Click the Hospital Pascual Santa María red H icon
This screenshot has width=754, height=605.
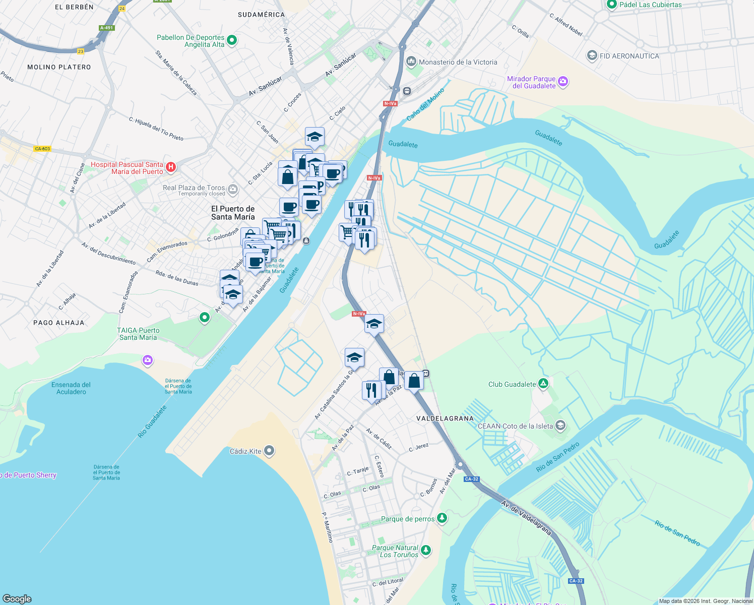point(171,167)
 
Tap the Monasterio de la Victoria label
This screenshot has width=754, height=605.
point(458,63)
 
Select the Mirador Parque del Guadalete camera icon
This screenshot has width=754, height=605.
point(563,81)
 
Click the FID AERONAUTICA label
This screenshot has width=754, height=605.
point(629,56)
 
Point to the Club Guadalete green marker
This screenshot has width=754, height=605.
point(543,384)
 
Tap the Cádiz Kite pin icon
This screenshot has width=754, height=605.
point(270,451)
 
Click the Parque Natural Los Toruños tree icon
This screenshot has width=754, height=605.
point(426,550)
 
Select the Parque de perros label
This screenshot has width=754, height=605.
point(407,519)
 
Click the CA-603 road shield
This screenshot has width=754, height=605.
point(42,149)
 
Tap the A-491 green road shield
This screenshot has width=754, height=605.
point(106,28)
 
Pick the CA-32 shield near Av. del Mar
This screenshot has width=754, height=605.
point(471,479)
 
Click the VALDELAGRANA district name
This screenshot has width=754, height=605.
point(445,418)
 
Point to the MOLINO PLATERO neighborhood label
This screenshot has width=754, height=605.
point(59,67)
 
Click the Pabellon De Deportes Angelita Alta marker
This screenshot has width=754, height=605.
point(232,40)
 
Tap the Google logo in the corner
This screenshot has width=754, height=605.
point(17,598)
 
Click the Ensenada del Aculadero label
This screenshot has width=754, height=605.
point(71,388)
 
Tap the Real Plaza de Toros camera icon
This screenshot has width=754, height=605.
point(232,190)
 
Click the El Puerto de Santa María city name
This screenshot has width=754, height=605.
point(233,213)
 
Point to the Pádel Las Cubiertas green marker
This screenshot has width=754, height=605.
point(612,5)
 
